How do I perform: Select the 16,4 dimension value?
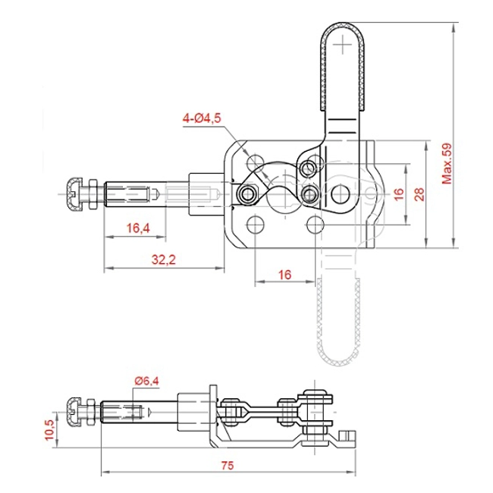pos(137,227)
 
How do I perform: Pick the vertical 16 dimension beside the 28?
pos(398,193)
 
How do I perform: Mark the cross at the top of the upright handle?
pos(347,46)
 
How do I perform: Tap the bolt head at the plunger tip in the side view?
pos(74,412)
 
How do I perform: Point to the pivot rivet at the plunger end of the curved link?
pos(246,194)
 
